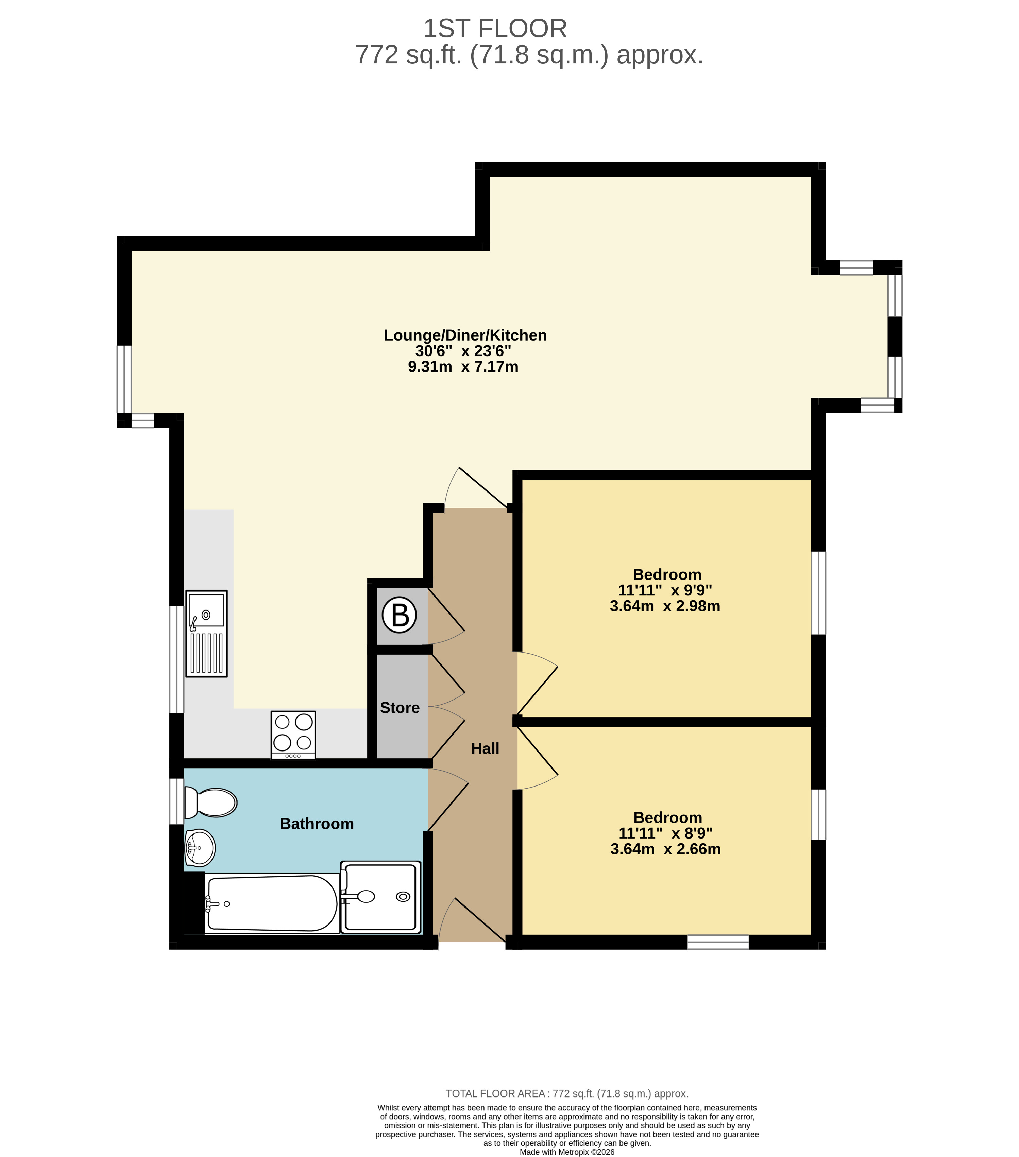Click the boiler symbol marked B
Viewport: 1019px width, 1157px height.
coord(399,615)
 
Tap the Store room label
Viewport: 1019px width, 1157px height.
coord(400,708)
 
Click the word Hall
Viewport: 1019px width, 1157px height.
coord(485,748)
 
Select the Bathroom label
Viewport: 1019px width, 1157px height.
coord(317,824)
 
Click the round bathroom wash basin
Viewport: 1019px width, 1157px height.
coord(200,848)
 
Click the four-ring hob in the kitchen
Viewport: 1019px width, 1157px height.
coord(293,735)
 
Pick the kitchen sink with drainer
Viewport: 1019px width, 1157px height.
coord(207,634)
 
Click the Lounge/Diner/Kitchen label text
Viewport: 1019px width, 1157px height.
coord(465,335)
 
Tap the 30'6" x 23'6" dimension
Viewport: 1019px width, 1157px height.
coord(463,351)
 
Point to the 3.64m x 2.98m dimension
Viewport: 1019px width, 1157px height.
coord(665,606)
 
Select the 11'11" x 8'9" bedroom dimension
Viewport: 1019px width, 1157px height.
coord(666,833)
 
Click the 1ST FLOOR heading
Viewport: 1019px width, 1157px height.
coord(495,28)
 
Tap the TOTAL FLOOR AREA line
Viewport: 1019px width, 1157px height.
coord(567,1093)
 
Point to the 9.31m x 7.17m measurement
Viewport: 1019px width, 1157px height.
coord(463,367)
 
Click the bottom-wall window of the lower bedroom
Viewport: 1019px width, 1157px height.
coord(718,942)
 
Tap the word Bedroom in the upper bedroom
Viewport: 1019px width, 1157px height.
coord(667,574)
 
